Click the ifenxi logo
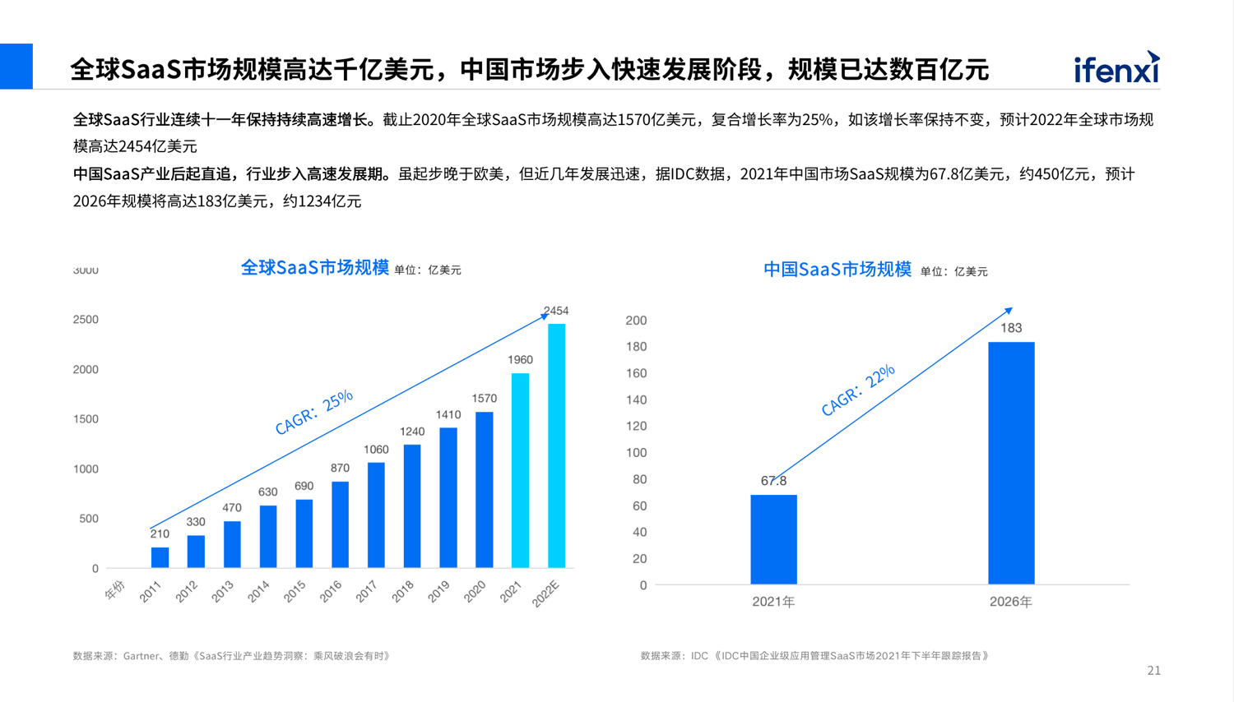point(1116,68)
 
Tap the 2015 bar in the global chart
point(304,533)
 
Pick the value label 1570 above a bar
point(484,399)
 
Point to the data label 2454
point(556,311)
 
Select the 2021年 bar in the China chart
point(773,539)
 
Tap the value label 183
point(1011,328)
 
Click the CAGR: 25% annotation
point(313,412)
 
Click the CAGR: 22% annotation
point(858,390)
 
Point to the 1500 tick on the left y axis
point(86,419)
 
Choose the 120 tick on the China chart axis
point(636,426)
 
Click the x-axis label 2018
point(403,591)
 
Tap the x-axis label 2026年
point(1010,602)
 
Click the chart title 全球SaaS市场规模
point(314,268)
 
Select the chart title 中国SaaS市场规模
point(837,270)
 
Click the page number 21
point(1153,671)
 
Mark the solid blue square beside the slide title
point(16,66)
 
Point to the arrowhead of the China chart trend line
point(1009,311)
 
